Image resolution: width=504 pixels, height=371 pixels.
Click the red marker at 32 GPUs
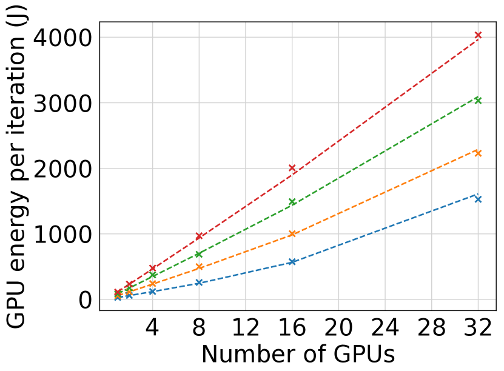point(478,36)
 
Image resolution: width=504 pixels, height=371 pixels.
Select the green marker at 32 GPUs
point(478,100)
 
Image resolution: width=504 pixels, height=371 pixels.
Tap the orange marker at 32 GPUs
point(478,153)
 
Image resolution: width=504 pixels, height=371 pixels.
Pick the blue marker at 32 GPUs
point(478,199)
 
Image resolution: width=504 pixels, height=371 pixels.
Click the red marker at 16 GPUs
point(292,168)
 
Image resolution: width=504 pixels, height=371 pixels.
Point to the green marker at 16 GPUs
point(292,202)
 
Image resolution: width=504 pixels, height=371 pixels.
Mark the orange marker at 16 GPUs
point(292,234)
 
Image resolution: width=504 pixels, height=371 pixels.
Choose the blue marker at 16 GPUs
point(292,262)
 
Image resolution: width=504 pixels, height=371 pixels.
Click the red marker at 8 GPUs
point(199,236)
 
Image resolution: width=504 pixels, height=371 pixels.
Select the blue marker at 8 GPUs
point(199,282)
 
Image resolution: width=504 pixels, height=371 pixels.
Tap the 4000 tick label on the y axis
point(59,38)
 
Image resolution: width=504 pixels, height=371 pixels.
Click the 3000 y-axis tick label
point(59,103)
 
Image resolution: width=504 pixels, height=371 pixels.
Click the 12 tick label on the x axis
point(245,328)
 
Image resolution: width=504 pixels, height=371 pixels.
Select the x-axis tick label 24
point(385,328)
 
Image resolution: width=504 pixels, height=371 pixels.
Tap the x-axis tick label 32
point(478,328)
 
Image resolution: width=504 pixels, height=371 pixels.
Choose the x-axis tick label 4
point(152,328)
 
